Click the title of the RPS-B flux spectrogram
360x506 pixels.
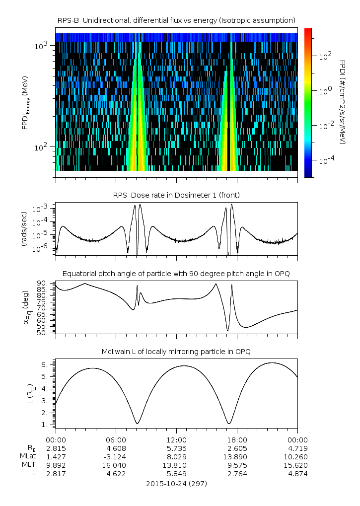176,20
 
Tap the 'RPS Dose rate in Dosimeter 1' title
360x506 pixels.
176,195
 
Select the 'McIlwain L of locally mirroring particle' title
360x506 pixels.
176,352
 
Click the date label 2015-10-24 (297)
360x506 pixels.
176,483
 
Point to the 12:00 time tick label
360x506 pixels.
176,439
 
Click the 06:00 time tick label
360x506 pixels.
116,439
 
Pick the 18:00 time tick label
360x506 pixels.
237,439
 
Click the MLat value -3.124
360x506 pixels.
115,456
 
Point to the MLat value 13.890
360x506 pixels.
237,456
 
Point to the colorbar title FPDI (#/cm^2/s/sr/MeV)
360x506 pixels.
342,102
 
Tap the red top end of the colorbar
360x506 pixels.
308,31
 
